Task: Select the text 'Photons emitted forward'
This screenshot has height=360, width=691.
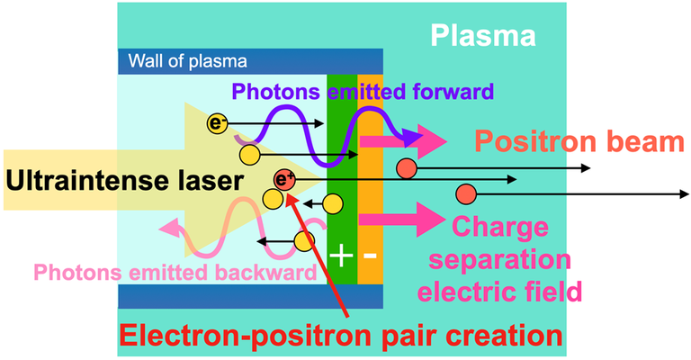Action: point(363,91)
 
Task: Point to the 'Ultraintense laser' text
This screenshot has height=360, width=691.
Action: point(123,181)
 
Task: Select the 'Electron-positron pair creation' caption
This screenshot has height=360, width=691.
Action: point(341,336)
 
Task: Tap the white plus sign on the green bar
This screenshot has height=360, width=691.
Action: point(340,255)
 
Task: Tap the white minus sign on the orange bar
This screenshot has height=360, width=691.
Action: point(370,255)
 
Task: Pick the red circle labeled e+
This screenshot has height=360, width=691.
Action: point(284,179)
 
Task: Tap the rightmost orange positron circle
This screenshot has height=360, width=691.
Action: point(466,193)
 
